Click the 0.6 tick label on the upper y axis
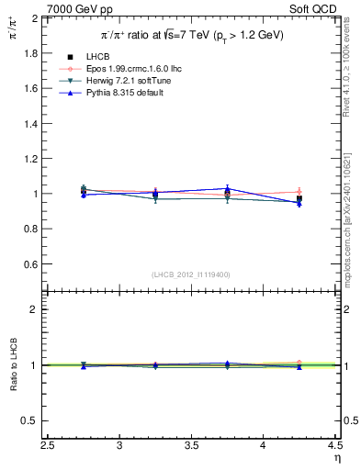(30, 264)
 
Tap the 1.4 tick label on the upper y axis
(30, 124)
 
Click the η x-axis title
(337, 458)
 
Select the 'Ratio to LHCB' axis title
(13, 365)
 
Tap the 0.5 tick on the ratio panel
(30, 421)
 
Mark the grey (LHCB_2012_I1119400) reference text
(191, 274)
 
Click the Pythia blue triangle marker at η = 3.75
(228, 188)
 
